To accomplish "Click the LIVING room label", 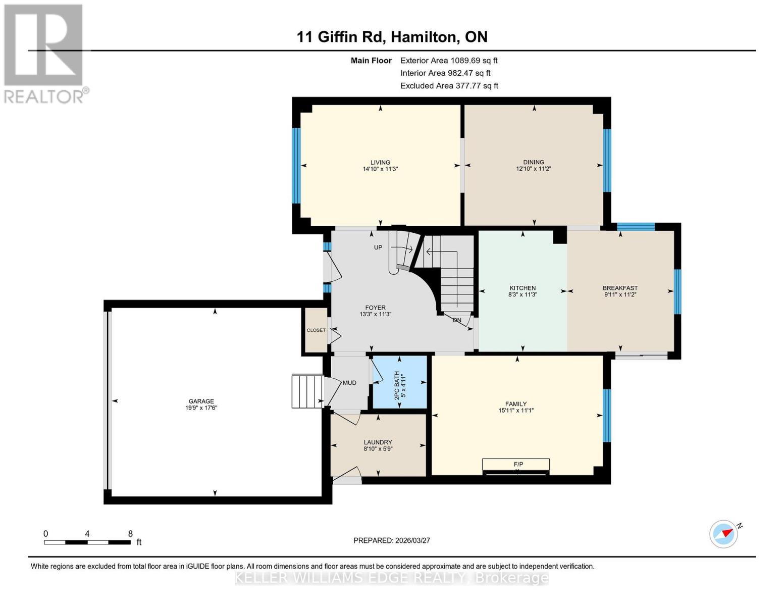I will click(x=380, y=163).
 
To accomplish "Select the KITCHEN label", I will click(x=522, y=288).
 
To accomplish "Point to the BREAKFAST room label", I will click(x=620, y=288).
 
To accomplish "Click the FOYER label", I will click(x=375, y=308).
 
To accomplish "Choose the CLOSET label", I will click(x=316, y=330).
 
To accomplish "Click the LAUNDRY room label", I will click(x=378, y=442).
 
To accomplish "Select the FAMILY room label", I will click(x=516, y=404).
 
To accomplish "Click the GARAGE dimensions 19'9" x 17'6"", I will click(x=201, y=408).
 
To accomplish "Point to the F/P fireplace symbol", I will click(x=518, y=464).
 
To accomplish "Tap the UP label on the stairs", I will click(x=378, y=247).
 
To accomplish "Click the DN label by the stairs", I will click(x=457, y=320).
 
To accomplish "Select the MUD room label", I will click(x=349, y=383).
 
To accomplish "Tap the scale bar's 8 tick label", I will click(x=130, y=534).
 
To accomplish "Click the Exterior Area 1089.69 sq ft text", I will click(x=449, y=61).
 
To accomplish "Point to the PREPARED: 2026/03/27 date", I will click(x=392, y=540).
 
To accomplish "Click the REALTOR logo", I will click(x=44, y=53).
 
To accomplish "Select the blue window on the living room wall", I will click(x=296, y=165).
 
